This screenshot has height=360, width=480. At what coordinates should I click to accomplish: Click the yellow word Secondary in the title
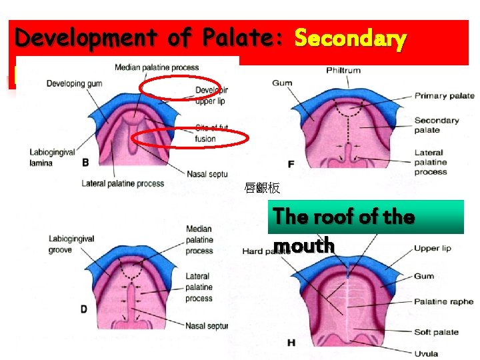350,39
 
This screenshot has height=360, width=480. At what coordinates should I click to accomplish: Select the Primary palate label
444,95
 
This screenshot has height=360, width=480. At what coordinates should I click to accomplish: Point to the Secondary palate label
437,125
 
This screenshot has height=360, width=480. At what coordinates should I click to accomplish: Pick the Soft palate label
436,332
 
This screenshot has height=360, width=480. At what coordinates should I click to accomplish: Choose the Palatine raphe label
443,302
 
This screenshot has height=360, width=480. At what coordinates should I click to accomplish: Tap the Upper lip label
432,248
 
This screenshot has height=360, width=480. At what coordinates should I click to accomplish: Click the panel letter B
85,162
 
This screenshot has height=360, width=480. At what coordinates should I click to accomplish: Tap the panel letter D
84,309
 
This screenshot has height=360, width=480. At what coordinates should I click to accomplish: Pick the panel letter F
291,163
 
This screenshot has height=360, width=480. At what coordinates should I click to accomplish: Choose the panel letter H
291,343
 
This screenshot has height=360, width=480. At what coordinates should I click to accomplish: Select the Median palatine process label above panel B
156,67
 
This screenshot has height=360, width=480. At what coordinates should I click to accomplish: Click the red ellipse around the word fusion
190,138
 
